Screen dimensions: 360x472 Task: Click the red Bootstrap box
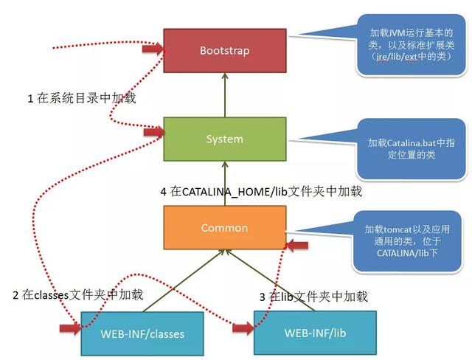point(224,51)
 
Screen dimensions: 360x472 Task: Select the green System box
point(224,139)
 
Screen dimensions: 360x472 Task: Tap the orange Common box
point(224,228)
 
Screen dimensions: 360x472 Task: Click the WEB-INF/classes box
point(142,333)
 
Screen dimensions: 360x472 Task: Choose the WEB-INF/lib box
point(315,333)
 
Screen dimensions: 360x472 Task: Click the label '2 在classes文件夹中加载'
point(77,294)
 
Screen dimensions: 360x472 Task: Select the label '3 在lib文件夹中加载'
point(313,296)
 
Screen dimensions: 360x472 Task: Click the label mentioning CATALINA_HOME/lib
point(262,191)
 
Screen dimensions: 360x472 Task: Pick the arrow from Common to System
point(224,183)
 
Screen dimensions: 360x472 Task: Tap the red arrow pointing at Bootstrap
point(152,49)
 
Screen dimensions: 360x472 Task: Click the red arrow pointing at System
point(153,133)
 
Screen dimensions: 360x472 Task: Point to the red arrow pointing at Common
point(296,245)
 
